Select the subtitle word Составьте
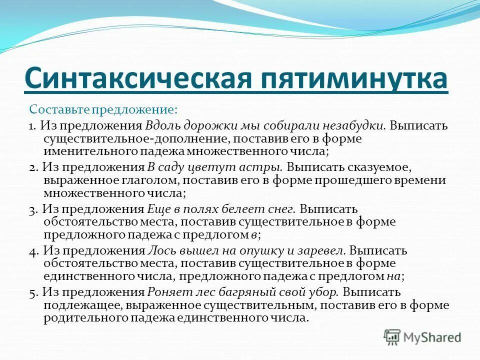pyautogui.click(x=53, y=108)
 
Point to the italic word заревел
pyautogui.click(x=325, y=251)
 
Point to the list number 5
pyautogui.click(x=31, y=293)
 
